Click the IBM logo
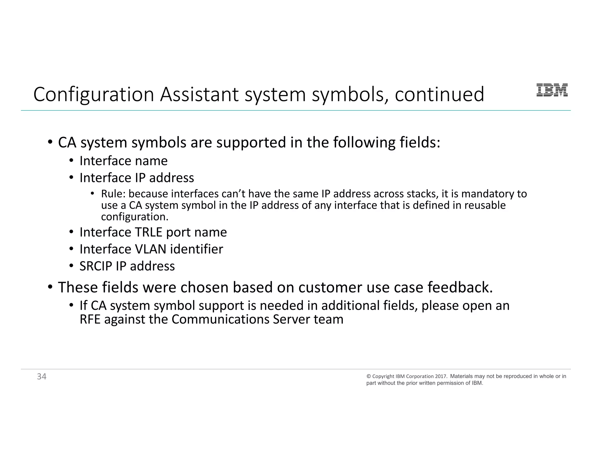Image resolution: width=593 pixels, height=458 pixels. click(552, 90)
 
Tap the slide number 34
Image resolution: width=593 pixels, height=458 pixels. click(42, 376)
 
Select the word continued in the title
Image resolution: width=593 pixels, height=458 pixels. click(439, 95)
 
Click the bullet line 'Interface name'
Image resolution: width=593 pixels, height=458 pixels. click(123, 161)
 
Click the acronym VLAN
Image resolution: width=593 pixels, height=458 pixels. click(151, 249)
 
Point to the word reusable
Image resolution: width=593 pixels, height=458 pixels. click(485, 205)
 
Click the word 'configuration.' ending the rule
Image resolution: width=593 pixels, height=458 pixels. click(135, 217)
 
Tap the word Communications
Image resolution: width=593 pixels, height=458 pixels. click(220, 320)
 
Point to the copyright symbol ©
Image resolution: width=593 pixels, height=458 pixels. click(369, 376)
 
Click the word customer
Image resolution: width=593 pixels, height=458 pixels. click(330, 287)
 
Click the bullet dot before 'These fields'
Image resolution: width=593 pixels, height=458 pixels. click(50, 287)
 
